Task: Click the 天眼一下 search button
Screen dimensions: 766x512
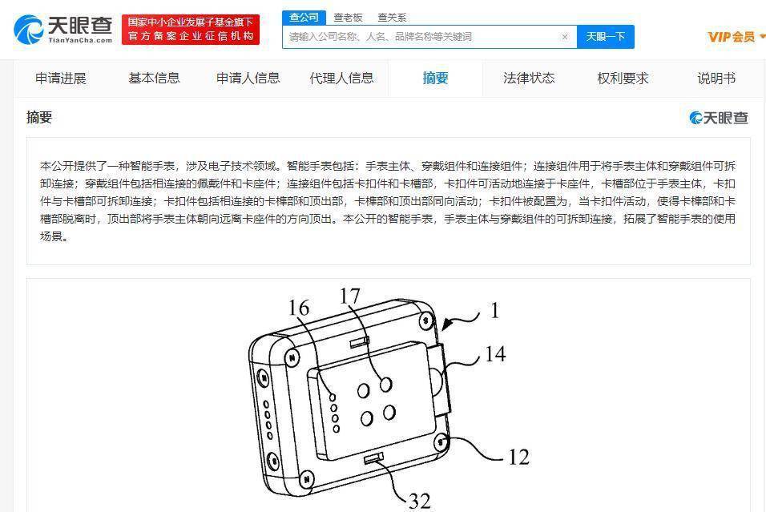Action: coord(605,37)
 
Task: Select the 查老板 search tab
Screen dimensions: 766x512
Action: coord(348,18)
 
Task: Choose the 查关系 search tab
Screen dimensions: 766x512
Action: coord(392,18)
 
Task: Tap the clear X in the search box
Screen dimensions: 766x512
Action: coord(565,37)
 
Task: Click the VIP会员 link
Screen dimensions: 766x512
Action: coord(732,37)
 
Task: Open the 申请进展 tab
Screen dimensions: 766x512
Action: coord(61,79)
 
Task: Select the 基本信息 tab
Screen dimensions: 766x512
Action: coord(154,79)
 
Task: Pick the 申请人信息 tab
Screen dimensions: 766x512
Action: coord(248,79)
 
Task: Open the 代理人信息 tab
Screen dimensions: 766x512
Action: coord(341,79)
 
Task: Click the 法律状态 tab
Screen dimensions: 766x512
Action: coord(529,79)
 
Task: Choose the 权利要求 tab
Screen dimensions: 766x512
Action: coord(623,79)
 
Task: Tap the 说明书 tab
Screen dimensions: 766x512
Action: coord(716,79)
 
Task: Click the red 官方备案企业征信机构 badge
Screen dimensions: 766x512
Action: coord(191,30)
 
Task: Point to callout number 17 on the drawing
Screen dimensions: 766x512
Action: coord(350,296)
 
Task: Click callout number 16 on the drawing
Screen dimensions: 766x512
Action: coord(299,308)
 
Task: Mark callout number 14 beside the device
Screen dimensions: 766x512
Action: coord(495,354)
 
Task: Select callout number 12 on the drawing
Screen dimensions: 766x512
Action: coord(518,457)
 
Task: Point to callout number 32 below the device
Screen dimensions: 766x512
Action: coord(419,502)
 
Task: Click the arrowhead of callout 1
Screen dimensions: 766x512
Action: coord(446,324)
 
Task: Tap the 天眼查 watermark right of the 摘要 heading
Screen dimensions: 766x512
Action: coord(719,118)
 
